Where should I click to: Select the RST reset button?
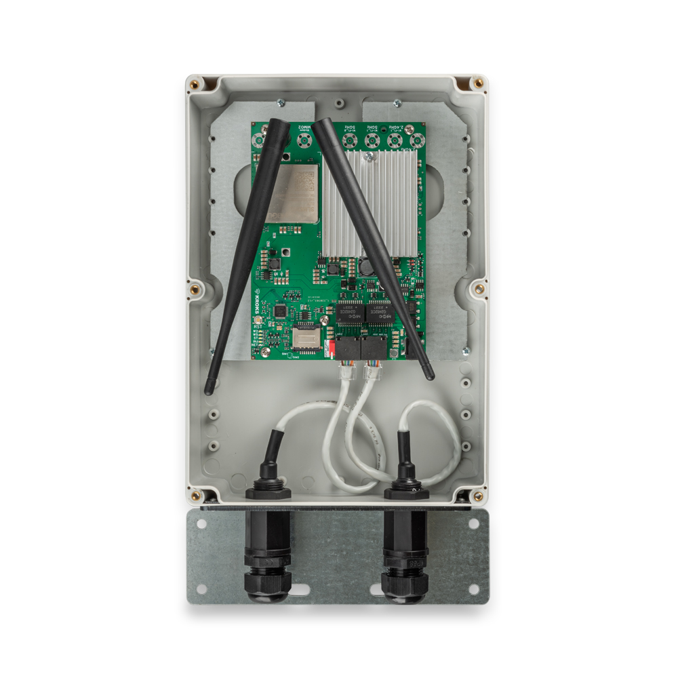[258, 327]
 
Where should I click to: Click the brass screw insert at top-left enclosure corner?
[195, 84]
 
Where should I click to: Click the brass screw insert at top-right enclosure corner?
[479, 83]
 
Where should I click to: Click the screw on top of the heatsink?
[368, 156]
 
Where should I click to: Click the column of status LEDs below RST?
[258, 339]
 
